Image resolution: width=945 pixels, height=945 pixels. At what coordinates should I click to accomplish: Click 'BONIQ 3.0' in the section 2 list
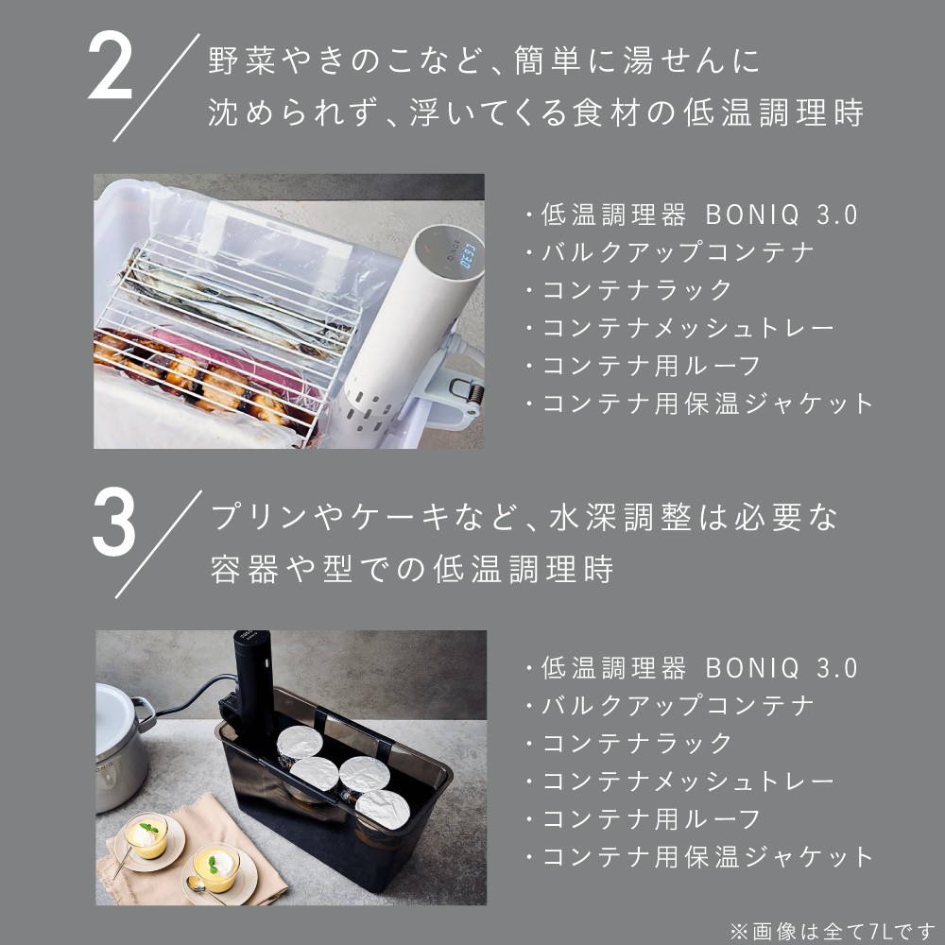782,215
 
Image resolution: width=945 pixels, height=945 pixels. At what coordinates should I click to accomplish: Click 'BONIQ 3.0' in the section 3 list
782,668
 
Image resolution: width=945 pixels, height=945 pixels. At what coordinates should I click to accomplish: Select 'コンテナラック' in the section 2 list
637,290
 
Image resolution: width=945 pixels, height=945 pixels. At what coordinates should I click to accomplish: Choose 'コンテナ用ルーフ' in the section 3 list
651,818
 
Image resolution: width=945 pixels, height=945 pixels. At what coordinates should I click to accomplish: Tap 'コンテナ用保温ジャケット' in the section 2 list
707,404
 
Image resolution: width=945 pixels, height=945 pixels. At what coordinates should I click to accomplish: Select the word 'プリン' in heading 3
249,517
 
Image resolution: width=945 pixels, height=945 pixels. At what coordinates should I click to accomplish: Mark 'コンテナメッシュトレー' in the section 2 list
688,328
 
